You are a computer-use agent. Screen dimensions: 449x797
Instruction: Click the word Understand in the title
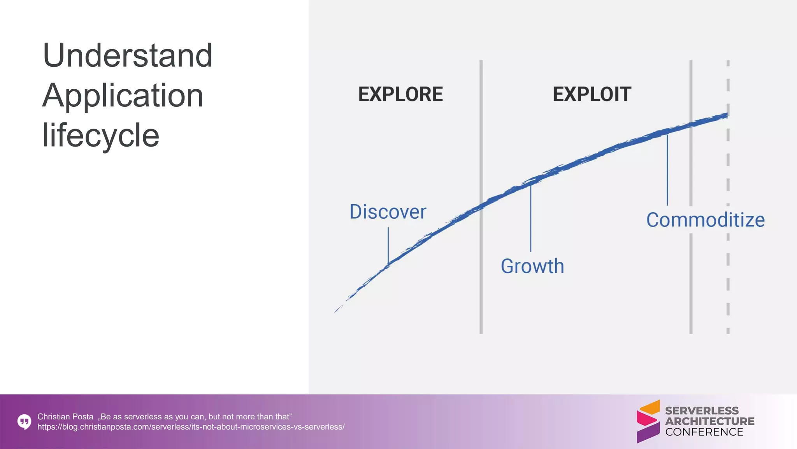127,55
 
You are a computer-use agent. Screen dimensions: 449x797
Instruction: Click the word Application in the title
123,95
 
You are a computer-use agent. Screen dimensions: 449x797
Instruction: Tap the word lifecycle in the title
100,135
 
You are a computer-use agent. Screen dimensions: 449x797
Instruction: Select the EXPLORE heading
400,94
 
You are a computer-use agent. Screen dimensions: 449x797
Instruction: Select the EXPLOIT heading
592,94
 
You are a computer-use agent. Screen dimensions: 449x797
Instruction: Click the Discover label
388,212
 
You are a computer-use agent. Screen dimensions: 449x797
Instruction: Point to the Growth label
532,266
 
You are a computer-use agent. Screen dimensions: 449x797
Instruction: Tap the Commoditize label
705,220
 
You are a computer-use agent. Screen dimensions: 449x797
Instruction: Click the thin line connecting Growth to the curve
530,218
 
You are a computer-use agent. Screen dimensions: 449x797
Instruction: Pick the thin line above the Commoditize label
667,170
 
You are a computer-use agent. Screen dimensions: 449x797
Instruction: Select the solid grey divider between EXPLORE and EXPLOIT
481,273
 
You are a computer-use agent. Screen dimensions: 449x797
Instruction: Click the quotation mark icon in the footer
24,422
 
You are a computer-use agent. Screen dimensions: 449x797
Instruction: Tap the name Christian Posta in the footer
65,417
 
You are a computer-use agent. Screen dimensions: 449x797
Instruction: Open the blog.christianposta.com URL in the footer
191,427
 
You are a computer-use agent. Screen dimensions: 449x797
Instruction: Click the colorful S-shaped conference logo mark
648,421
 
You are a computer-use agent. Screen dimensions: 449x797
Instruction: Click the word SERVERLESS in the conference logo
701,411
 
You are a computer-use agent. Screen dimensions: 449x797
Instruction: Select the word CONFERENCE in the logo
704,432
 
